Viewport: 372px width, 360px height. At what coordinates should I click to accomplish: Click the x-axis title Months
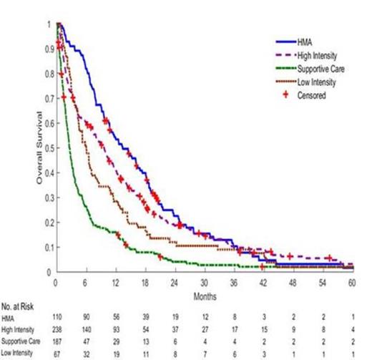point(203,294)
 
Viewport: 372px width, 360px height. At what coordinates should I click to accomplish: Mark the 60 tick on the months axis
point(351,281)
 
